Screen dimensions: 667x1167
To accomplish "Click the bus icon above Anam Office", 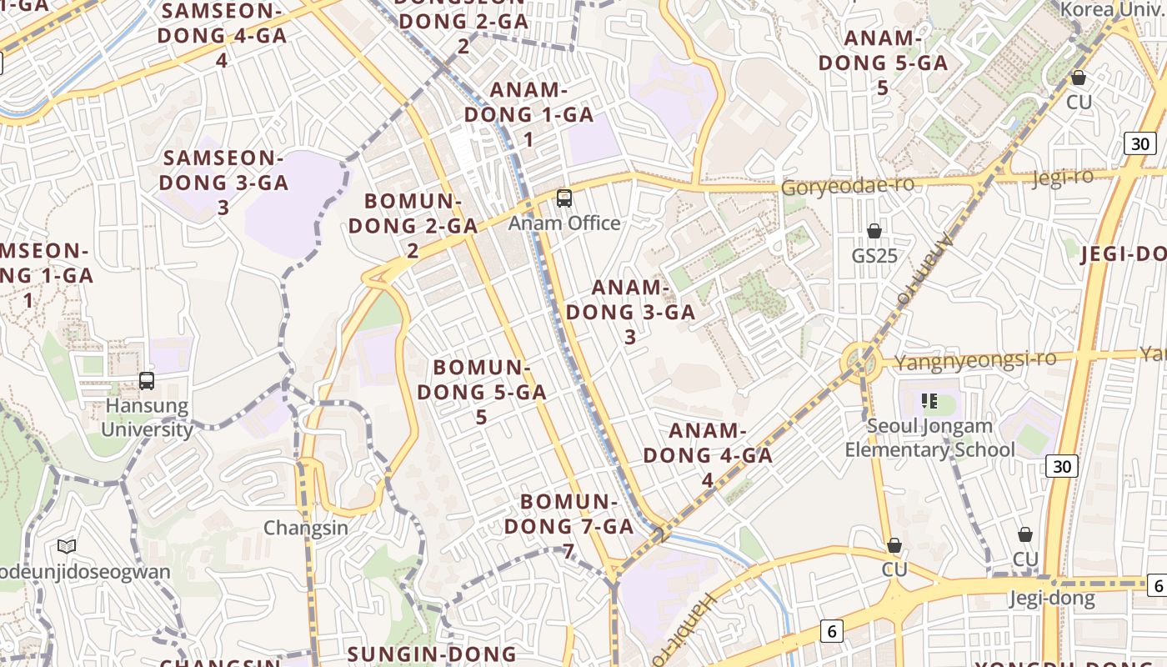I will [x=564, y=198].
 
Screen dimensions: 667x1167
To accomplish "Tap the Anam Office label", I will [x=564, y=223].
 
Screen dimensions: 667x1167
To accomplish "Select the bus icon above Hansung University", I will [x=147, y=381].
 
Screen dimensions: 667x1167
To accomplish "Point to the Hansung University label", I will [x=147, y=418].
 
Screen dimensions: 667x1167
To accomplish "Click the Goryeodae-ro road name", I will [x=847, y=186].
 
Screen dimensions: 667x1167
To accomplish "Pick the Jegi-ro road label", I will [x=1062, y=177].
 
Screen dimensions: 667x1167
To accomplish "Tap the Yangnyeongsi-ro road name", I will [x=974, y=359].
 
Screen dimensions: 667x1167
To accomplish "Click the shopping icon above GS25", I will [x=874, y=231].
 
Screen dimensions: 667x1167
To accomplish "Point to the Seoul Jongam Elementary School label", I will [x=929, y=438].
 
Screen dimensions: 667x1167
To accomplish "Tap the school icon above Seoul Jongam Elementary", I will [x=929, y=402].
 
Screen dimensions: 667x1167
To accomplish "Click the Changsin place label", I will [x=306, y=528].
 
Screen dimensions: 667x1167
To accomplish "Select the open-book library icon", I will [x=67, y=547].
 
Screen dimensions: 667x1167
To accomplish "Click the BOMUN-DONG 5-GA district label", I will [x=482, y=391].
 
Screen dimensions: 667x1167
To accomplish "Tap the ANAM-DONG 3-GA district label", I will [x=630, y=312].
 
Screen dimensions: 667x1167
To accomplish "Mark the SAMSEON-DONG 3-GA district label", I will [x=223, y=182].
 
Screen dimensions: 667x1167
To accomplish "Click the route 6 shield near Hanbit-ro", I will [x=831, y=631].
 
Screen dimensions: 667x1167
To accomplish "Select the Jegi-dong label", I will [x=1052, y=598].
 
